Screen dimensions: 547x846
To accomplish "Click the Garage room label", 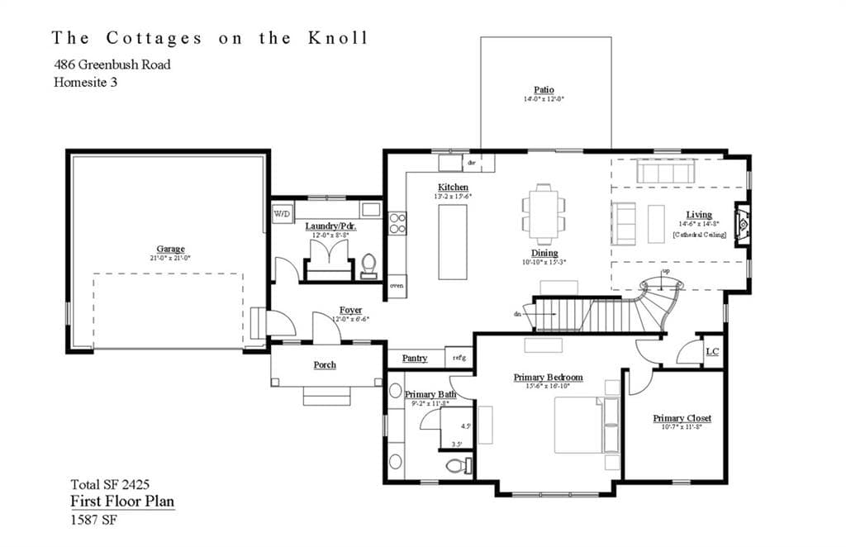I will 171,249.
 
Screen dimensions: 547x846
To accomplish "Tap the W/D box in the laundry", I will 282,213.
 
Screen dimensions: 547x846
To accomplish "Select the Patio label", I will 544,89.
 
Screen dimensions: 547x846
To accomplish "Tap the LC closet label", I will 711,351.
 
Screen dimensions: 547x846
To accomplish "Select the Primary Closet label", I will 682,418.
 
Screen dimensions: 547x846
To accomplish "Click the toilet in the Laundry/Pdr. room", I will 368,266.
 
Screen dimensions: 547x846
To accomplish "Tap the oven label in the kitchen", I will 397,286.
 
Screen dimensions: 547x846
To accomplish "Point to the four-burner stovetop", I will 397,223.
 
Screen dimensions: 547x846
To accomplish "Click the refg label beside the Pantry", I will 459,358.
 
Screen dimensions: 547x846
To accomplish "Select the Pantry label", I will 415,358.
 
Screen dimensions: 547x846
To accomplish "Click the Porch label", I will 325,364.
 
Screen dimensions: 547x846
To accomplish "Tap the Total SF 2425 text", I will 110,484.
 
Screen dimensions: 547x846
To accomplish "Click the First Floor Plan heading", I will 121,502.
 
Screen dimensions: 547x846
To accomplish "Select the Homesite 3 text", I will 85,82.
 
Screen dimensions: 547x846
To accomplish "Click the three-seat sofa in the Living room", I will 663,172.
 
